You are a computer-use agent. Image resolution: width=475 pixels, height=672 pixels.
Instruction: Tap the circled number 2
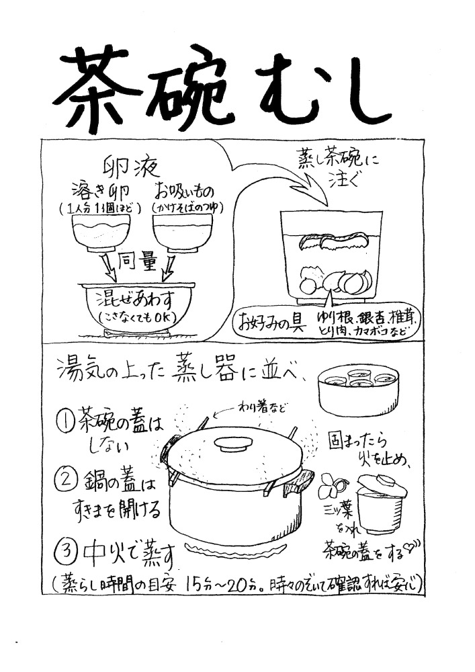point(65,481)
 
